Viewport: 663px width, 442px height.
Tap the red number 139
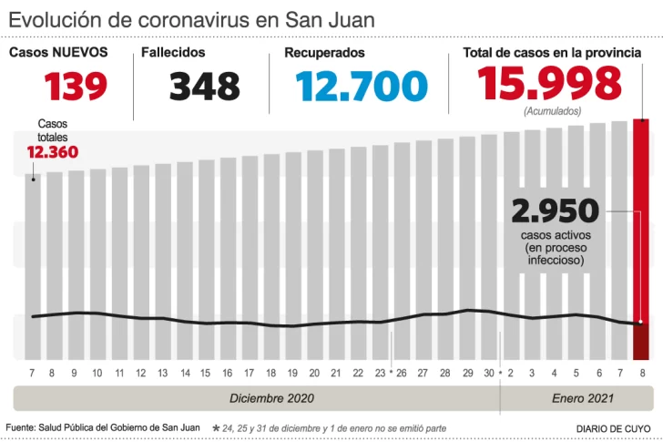[76, 87]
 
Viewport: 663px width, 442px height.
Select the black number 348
[204, 87]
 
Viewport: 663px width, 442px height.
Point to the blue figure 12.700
[362, 87]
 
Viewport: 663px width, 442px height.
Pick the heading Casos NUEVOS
[58, 53]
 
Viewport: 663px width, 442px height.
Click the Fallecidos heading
[174, 53]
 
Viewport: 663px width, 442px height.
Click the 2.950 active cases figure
[555, 211]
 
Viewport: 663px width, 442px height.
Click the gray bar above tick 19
[292, 237]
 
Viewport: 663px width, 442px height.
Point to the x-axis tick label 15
[206, 374]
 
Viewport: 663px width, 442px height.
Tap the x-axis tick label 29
[466, 374]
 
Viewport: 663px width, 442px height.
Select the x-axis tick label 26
[401, 374]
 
